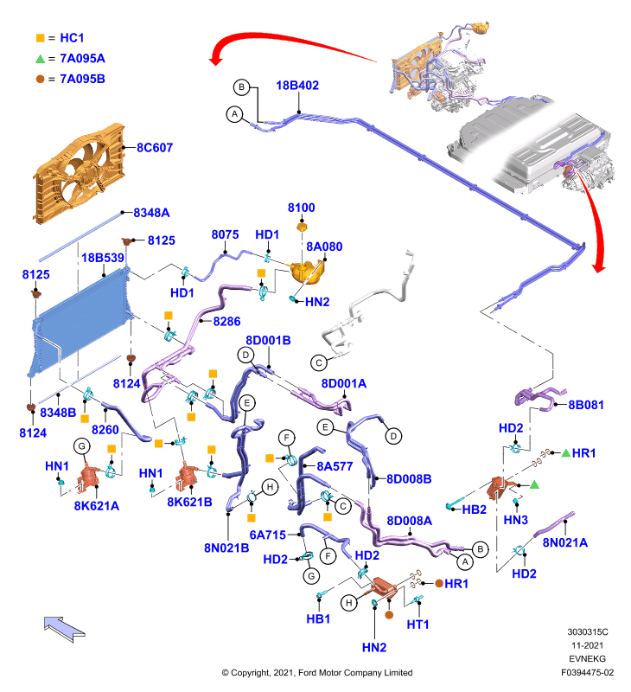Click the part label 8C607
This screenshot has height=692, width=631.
click(155, 147)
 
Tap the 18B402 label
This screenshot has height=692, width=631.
click(297, 85)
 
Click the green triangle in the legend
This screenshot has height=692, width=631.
click(40, 59)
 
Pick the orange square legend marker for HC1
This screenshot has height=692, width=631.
click(40, 38)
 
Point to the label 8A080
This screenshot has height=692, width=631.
click(324, 247)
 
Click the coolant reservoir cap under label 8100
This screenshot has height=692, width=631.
click(302, 227)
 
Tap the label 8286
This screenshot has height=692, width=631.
click(226, 321)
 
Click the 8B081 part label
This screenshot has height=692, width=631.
click(585, 405)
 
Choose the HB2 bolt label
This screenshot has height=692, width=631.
click(474, 509)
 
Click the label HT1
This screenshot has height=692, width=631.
click(417, 624)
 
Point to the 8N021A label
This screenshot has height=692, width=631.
click(564, 542)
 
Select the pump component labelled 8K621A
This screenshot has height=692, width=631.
click(90, 477)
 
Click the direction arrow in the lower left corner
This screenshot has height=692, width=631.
click(64, 629)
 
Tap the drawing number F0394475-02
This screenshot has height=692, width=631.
click(587, 673)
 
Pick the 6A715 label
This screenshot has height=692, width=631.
click(268, 535)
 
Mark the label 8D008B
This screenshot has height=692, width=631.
click(409, 479)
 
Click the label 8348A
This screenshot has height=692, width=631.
click(151, 213)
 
